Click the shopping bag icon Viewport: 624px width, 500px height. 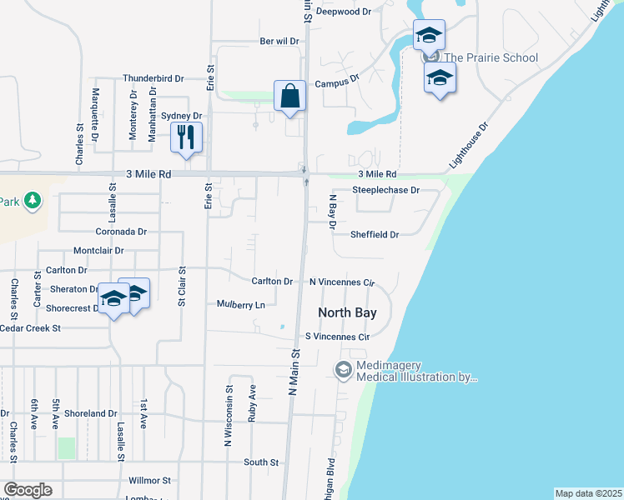tap(289, 95)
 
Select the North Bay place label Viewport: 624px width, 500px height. tap(347, 313)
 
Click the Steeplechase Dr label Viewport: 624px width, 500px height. tap(385, 190)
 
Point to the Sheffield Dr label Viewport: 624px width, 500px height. tap(374, 235)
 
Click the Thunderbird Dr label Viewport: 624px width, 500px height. tap(153, 78)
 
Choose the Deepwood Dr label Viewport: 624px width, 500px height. tap(355, 12)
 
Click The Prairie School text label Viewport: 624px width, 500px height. tap(491, 58)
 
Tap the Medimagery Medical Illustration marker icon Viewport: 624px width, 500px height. tap(343, 369)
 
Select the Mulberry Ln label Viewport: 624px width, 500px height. tap(240, 305)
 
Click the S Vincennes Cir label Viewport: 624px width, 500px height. tap(337, 337)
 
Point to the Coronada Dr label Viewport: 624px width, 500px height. tap(121, 232)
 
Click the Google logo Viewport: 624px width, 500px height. tap(28, 490)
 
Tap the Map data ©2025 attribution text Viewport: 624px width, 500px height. tap(588, 493)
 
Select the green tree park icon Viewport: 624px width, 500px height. tap(33, 200)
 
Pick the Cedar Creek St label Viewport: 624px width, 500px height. tap(31, 328)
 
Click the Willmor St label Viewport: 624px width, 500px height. tap(149, 481)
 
